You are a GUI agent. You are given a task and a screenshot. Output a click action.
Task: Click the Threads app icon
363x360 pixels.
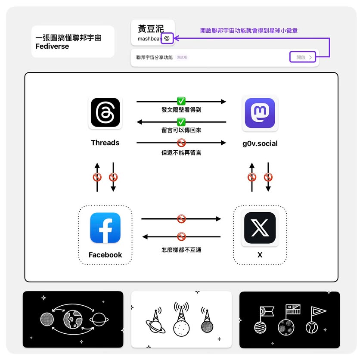(x=105, y=112)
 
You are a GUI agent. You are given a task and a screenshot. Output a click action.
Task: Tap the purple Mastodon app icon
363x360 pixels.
(x=260, y=113)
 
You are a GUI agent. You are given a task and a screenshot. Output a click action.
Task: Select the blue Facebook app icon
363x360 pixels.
(x=105, y=228)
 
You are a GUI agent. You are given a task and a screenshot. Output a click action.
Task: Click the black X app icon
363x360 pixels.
(x=260, y=228)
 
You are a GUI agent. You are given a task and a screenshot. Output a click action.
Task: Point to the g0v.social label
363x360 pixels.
(x=260, y=143)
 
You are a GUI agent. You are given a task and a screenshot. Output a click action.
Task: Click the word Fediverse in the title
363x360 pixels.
(x=52, y=47)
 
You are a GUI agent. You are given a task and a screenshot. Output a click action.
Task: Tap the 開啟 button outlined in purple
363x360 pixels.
(x=303, y=57)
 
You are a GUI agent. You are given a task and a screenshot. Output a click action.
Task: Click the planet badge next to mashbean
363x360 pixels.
(x=167, y=38)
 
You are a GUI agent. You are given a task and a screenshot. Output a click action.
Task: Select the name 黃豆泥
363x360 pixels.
(x=151, y=29)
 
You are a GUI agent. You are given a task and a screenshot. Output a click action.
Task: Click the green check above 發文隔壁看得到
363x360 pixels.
(x=181, y=101)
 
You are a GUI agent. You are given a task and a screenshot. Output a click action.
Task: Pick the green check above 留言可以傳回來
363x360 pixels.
(x=181, y=122)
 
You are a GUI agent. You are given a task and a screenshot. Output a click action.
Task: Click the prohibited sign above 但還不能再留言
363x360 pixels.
(x=181, y=143)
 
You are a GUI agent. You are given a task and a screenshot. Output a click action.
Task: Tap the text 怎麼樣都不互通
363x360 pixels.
(x=181, y=250)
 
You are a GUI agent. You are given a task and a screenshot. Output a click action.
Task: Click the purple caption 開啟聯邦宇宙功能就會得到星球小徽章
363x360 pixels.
(x=248, y=31)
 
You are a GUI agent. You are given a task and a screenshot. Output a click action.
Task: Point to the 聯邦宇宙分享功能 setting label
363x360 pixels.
(x=155, y=57)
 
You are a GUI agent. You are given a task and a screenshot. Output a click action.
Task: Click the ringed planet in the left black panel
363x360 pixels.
(x=99, y=320)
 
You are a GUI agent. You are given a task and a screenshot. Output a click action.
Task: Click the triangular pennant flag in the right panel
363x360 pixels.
(x=318, y=311)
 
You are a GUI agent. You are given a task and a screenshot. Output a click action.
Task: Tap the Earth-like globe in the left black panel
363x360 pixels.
(x=73, y=320)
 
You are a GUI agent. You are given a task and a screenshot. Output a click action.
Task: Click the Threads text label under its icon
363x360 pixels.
(x=105, y=143)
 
